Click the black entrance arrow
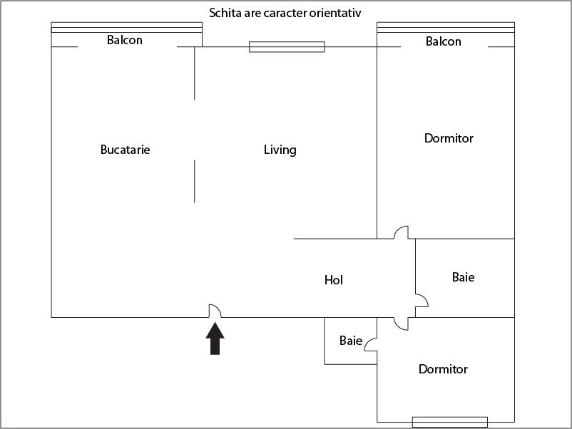coord(215,338)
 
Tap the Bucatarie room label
coord(125,150)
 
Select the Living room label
coord(280,150)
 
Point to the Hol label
coord(333,280)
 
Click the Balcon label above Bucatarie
coord(124,40)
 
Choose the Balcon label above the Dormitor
coord(443,41)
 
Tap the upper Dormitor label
coord(449,138)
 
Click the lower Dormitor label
coord(443,369)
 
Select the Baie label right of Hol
coord(463,277)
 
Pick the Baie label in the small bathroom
coord(351,341)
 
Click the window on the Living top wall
coord(287,47)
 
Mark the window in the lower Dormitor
coord(450,422)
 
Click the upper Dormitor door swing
coord(398,229)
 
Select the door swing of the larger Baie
coord(424,297)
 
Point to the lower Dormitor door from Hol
coord(398,326)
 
